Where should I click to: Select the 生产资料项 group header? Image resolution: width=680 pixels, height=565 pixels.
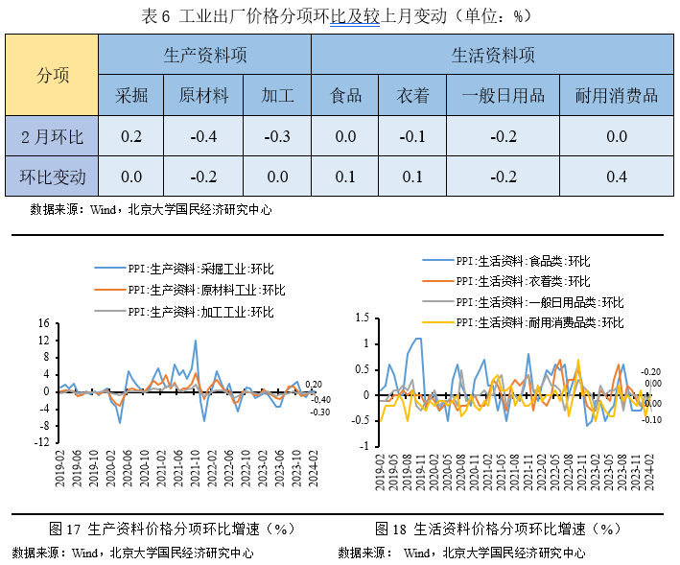(205, 55)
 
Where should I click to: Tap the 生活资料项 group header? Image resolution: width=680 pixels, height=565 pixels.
(493, 55)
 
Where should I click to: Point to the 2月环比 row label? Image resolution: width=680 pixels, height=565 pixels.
(53, 136)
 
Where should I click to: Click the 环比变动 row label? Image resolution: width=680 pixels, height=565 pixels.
(53, 177)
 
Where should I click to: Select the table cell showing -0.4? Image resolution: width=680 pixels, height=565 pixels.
(203, 136)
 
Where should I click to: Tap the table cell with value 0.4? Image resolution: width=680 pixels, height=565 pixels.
(616, 177)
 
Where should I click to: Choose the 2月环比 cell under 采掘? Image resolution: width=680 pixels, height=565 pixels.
(131, 136)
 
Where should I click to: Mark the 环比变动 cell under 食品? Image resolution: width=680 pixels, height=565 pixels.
(345, 177)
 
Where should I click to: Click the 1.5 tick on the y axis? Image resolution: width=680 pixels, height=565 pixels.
(362, 317)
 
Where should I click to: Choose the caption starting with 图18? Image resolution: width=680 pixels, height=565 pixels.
(499, 529)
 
